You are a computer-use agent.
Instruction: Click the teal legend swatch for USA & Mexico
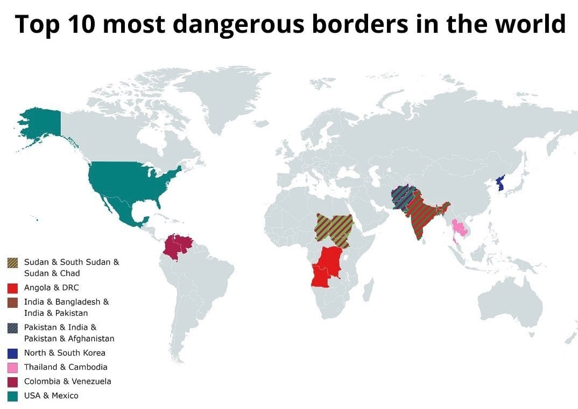pos(13,396)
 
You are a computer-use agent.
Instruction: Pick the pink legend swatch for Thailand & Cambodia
pos(13,368)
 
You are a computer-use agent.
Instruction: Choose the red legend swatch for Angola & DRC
pos(13,288)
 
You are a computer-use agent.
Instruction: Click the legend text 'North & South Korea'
pos(65,353)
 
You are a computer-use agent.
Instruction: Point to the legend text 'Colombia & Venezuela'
pos(68,382)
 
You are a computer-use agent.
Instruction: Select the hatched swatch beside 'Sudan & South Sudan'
pos(13,263)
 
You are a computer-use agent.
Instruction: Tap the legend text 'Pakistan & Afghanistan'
pos(69,339)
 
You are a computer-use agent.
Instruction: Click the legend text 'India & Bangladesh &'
pos(66,302)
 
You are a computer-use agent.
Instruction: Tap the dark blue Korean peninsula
pos(501,184)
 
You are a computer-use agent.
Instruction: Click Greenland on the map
pos(215,97)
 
